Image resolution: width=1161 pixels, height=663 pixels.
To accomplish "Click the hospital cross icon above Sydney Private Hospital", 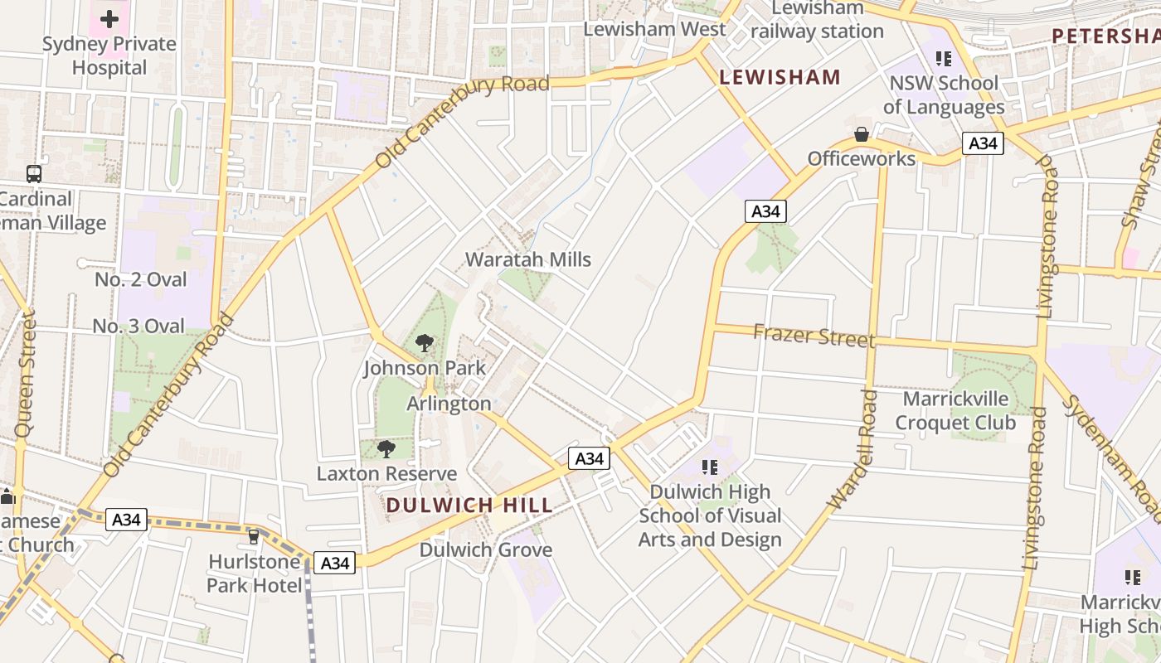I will [x=109, y=18].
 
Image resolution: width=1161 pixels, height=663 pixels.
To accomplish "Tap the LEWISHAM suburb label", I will [x=780, y=78].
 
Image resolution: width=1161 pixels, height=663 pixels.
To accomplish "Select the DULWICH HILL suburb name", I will [x=469, y=505].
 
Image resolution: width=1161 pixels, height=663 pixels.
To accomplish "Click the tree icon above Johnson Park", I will [x=425, y=342].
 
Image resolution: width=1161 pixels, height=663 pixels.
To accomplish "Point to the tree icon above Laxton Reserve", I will [x=386, y=449].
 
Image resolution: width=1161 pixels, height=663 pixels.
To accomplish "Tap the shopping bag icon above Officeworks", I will [x=862, y=134].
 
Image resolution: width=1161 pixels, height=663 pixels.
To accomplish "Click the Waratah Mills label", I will [x=528, y=259].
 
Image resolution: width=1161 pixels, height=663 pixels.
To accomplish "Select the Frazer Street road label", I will [x=814, y=336].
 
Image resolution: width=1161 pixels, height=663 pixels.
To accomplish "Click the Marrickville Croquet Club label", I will [x=955, y=411].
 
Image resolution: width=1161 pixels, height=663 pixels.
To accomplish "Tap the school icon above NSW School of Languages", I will [x=943, y=58].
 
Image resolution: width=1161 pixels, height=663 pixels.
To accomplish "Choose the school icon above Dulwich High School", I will [x=709, y=467].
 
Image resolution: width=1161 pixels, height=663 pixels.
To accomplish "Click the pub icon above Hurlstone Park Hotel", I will [x=254, y=537].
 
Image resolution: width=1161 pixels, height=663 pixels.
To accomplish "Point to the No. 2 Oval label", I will [x=141, y=280].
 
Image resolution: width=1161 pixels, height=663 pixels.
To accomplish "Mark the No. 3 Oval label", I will [x=138, y=327].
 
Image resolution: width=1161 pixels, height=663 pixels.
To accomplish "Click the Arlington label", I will [x=449, y=404].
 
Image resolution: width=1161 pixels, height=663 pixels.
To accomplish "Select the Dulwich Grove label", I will [x=486, y=549].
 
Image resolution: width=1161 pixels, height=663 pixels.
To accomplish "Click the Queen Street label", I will [x=26, y=374].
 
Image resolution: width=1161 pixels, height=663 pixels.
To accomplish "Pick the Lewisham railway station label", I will [x=817, y=20].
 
